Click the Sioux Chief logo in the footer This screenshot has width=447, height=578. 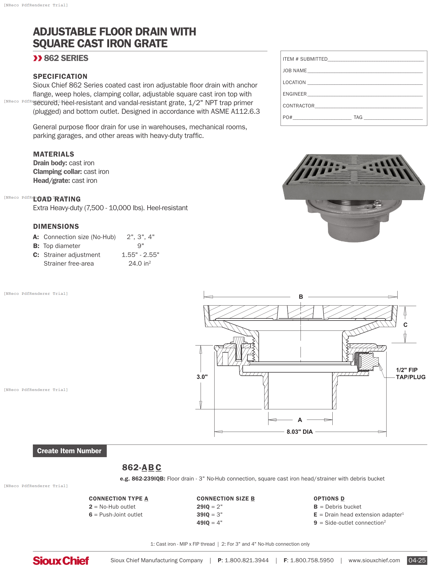pyautogui.click(x=61, y=561)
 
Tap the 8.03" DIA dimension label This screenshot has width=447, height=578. pyautogui.click(x=299, y=432)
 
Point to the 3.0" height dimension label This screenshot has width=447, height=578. pyautogui.click(x=202, y=376)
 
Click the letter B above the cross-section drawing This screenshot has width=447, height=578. pyautogui.click(x=301, y=297)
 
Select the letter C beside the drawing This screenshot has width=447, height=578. pyautogui.click(x=405, y=325)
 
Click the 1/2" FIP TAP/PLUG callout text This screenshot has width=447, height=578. pyautogui.click(x=410, y=373)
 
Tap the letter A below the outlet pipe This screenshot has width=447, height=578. pyautogui.click(x=300, y=420)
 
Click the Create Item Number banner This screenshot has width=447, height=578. pyautogui.click(x=70, y=451)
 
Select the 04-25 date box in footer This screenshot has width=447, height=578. pyautogui.click(x=417, y=560)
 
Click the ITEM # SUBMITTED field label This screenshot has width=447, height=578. pyautogui.click(x=305, y=59)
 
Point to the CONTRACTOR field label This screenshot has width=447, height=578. pyautogui.click(x=298, y=106)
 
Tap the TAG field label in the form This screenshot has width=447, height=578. pyautogui.click(x=358, y=117)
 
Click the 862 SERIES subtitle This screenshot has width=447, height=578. pyautogui.click(x=66, y=58)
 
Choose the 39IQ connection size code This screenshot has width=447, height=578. pyautogui.click(x=203, y=514)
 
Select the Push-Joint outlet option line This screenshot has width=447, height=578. pyautogui.click(x=116, y=514)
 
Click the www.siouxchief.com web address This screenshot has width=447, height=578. pyautogui.click(x=374, y=560)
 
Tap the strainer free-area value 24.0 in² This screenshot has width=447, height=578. pyautogui.click(x=140, y=263)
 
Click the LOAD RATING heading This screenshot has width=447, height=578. pyautogui.click(x=57, y=199)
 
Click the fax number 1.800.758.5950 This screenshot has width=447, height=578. pyautogui.click(x=312, y=560)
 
